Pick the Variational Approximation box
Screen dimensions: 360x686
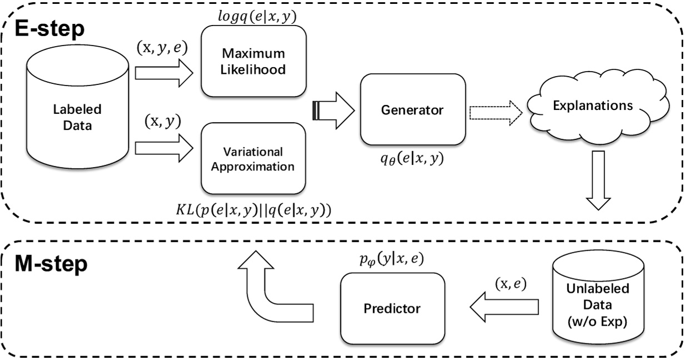[253, 158]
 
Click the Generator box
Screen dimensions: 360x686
[412, 110]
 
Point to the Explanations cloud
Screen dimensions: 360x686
[595, 104]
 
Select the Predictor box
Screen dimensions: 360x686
[392, 308]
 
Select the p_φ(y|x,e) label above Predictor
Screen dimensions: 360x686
[392, 260]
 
